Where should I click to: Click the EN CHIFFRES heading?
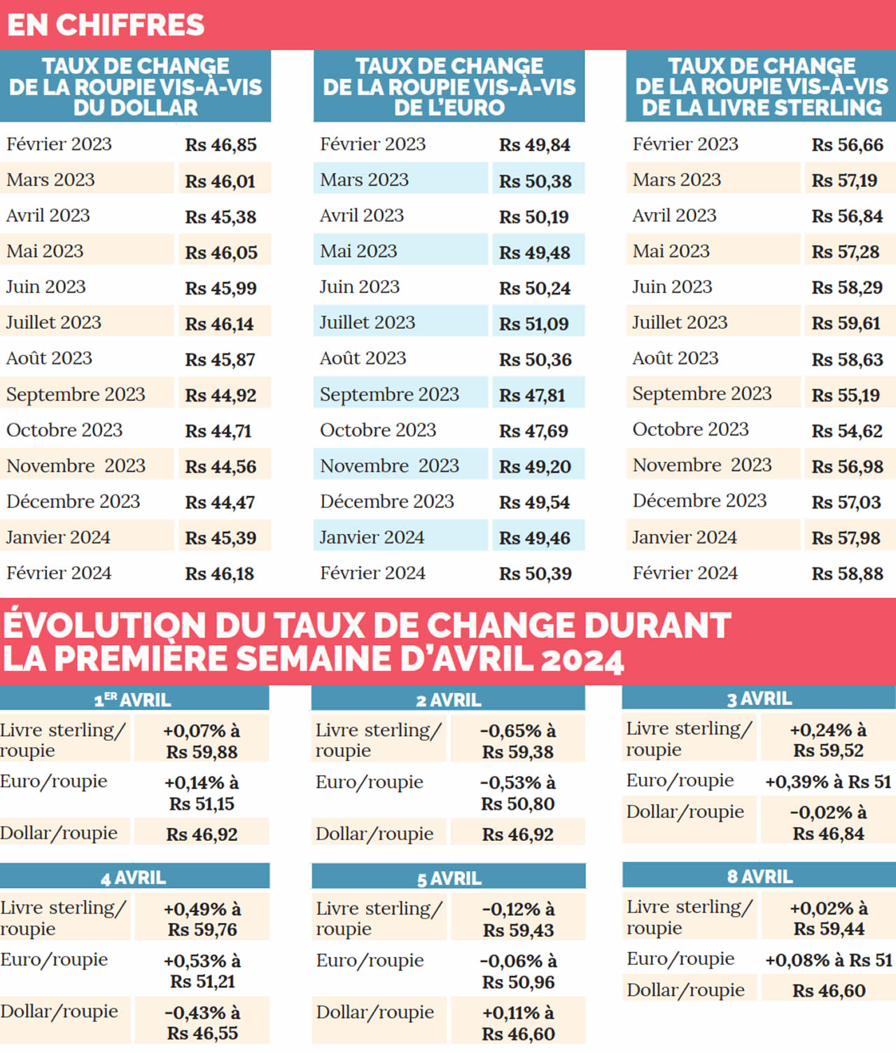106,25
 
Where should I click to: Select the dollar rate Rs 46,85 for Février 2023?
220,145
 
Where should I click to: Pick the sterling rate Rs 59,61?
846,323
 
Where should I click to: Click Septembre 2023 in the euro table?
389,395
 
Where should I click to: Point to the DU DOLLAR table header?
135,87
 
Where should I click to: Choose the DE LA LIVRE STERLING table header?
761,87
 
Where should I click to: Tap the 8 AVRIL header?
759,877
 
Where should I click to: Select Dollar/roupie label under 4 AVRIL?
59,1012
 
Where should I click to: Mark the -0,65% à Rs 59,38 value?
518,742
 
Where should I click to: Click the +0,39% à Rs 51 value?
828,782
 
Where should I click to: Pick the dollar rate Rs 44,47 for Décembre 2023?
220,502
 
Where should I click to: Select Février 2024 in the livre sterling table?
685,573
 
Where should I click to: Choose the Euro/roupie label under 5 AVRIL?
370,961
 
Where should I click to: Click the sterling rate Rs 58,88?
847,574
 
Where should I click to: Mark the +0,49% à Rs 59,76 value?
202,919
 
